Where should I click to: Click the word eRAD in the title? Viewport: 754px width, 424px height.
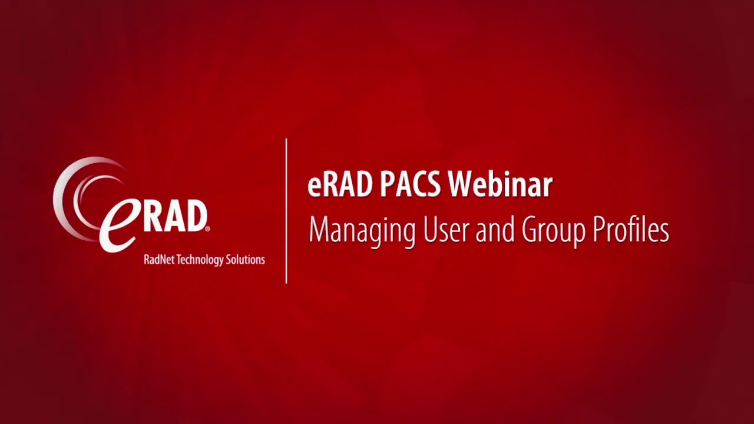click(340, 185)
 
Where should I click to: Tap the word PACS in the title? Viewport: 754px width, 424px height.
click(410, 185)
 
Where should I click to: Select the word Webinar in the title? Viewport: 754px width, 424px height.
click(500, 185)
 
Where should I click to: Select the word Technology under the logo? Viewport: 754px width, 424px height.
click(200, 260)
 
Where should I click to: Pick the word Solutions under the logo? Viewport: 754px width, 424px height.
click(246, 260)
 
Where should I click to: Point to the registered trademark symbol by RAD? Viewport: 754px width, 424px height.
click(207, 228)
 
